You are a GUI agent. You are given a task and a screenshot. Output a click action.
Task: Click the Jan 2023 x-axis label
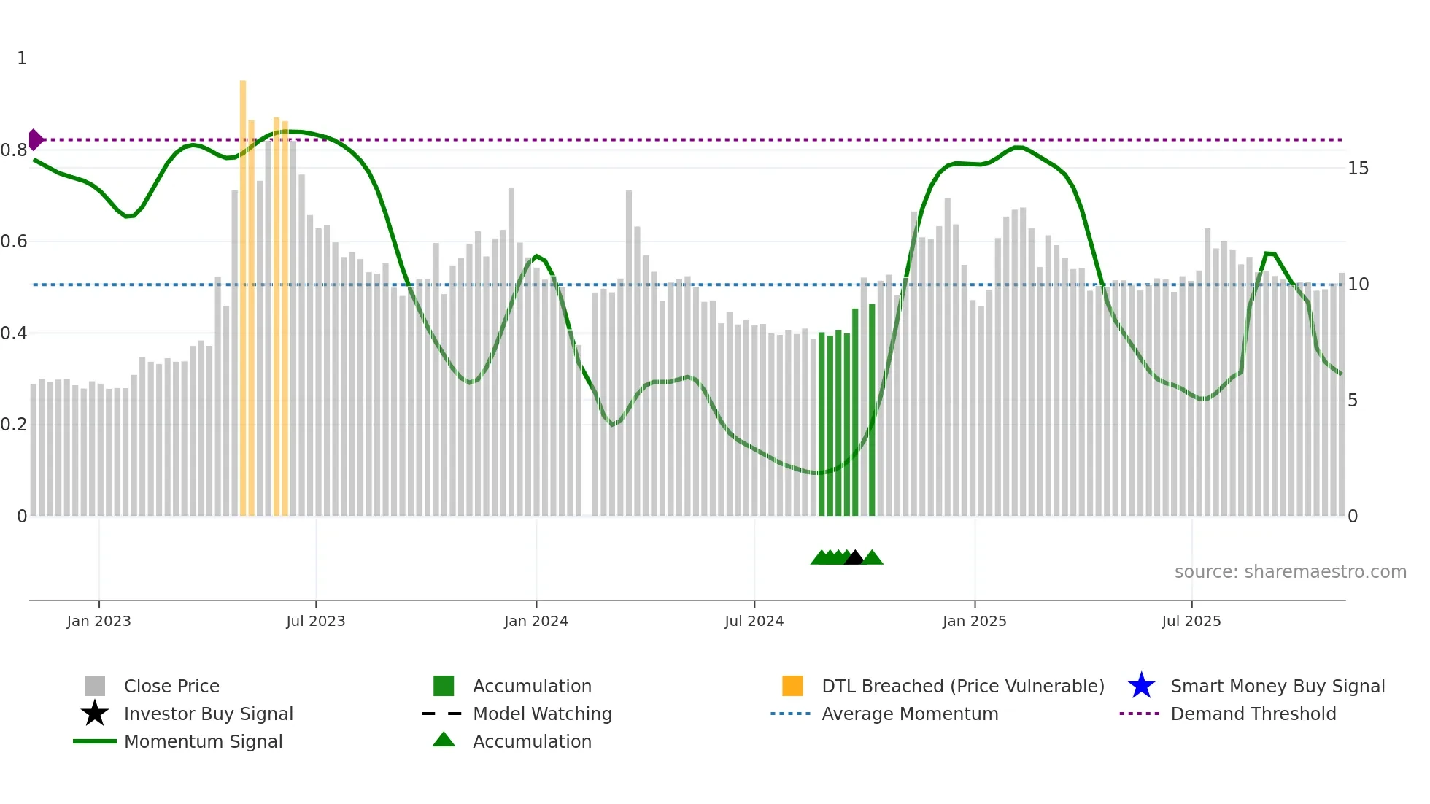click(x=98, y=622)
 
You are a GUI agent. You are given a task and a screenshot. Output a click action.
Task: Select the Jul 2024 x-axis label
click(x=754, y=622)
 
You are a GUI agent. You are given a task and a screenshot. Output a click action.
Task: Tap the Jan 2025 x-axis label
click(x=974, y=622)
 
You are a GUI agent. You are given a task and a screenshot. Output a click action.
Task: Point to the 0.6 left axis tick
click(x=15, y=241)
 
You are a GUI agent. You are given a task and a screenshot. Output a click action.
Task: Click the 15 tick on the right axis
click(x=1358, y=169)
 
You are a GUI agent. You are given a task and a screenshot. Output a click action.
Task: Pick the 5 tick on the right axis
click(x=1353, y=401)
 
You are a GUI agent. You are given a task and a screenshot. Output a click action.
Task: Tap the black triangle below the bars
click(x=854, y=557)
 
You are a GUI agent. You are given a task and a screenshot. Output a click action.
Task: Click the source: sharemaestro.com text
click(x=1290, y=572)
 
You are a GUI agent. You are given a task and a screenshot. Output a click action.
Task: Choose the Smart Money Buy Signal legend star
click(x=1141, y=686)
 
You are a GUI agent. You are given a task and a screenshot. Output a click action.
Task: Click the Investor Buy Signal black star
click(x=95, y=714)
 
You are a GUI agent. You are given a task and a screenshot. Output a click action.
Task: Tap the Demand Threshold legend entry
click(x=1253, y=714)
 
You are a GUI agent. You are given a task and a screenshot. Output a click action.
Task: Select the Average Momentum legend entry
click(x=909, y=714)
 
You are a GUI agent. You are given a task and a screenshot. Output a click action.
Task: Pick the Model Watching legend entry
click(x=541, y=714)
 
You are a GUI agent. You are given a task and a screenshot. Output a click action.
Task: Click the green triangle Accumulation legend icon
click(x=444, y=740)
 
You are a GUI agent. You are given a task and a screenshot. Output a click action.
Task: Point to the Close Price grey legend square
click(x=95, y=686)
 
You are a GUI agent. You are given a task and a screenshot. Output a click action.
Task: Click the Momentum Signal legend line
click(x=95, y=741)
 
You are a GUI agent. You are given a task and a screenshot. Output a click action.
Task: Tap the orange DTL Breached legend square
click(x=792, y=686)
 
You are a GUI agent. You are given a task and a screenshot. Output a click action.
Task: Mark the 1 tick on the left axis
click(x=22, y=58)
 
